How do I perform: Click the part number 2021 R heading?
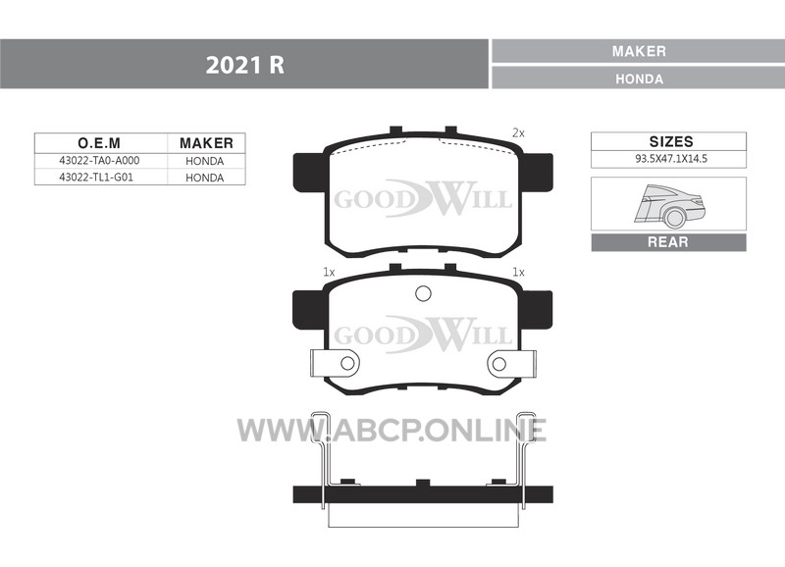pos(244,65)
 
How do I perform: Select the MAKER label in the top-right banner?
pos(639,51)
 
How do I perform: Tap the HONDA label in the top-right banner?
pos(639,79)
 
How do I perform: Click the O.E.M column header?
pos(99,143)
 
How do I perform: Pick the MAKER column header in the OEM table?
pos(206,143)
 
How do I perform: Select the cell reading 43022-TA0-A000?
pos(99,161)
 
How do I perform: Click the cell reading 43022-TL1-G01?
pos(96,178)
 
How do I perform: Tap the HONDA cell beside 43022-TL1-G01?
pos(204,178)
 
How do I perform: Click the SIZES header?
pos(671,141)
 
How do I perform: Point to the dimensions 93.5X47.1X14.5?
pos(671,159)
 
